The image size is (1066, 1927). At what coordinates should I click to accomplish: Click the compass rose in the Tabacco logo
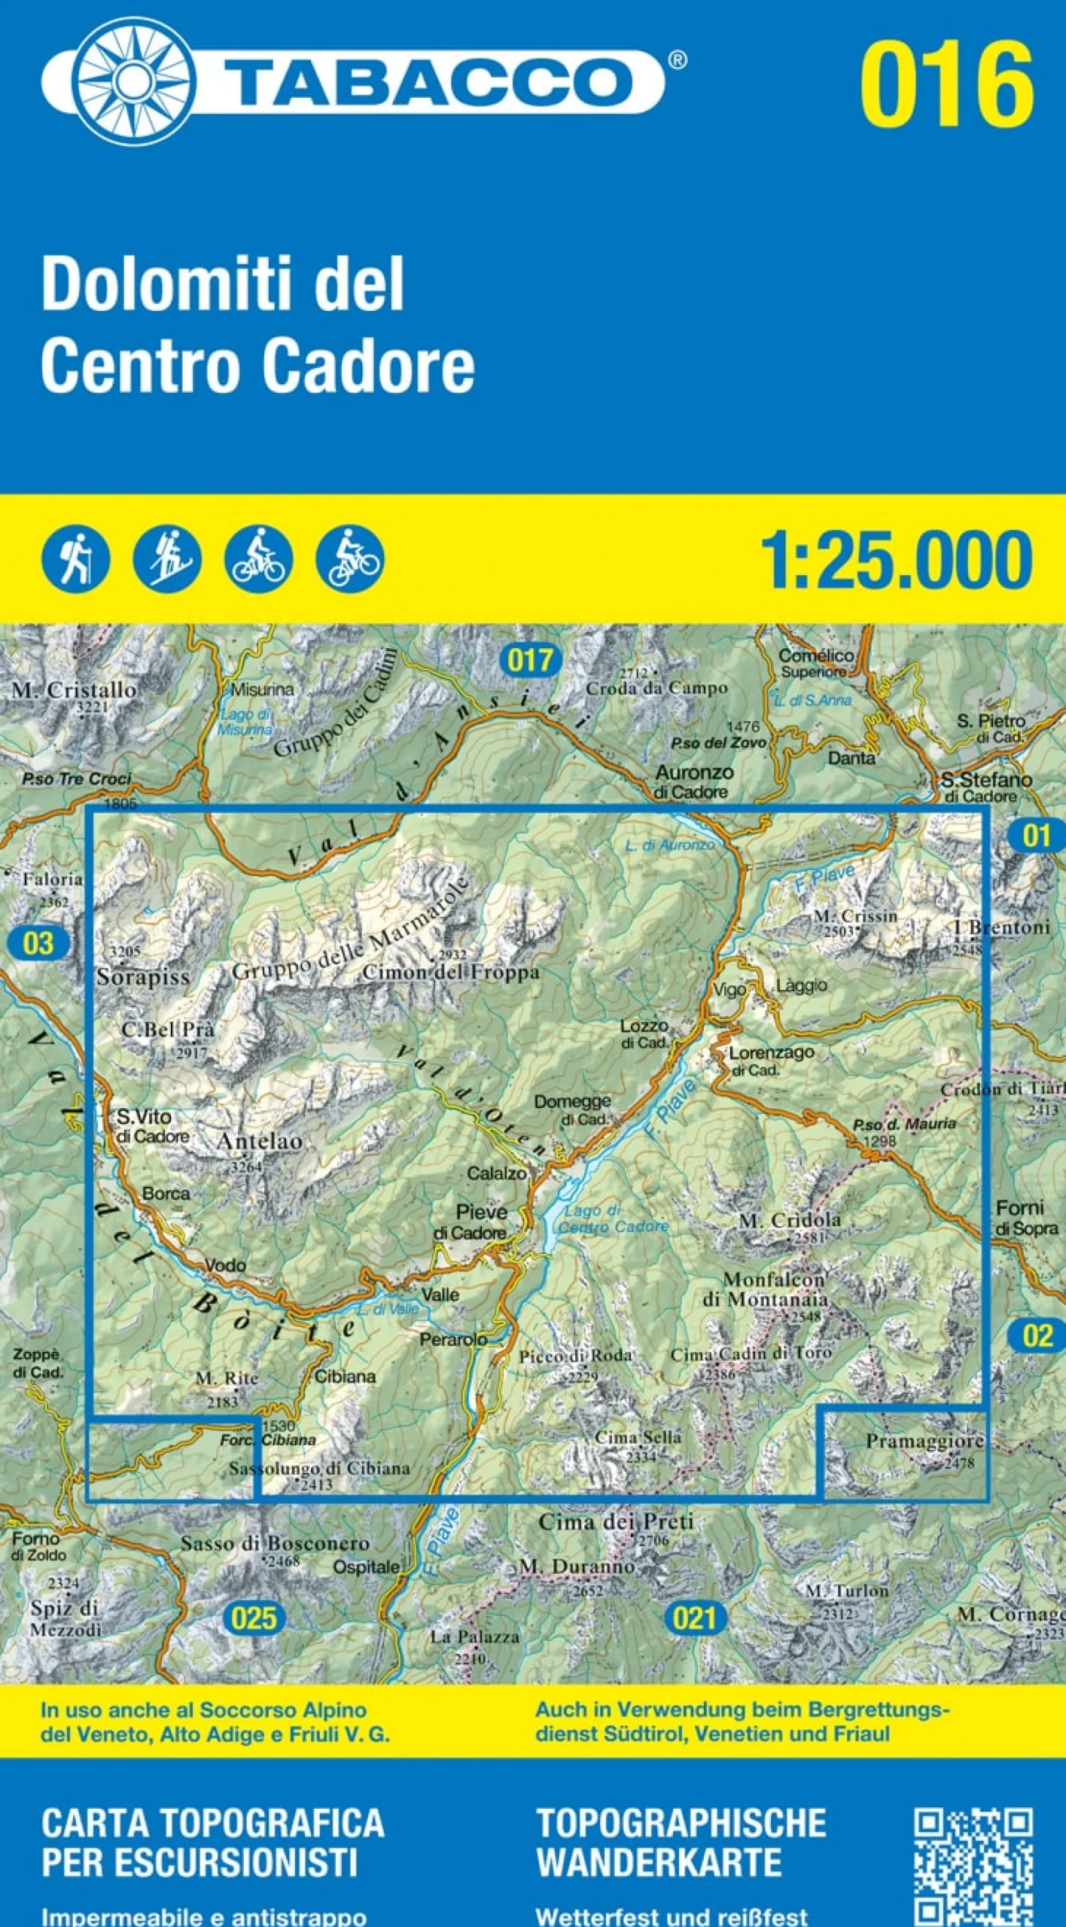(x=133, y=81)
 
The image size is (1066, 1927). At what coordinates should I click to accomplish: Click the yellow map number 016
(x=946, y=84)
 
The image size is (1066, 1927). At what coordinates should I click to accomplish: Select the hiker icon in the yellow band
(x=75, y=559)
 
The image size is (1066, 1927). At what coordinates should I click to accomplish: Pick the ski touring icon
(x=166, y=559)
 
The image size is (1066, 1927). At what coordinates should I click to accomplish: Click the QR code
(x=973, y=1868)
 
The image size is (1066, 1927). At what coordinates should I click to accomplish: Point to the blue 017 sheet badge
(x=531, y=660)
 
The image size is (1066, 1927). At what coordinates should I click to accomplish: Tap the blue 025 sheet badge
(x=254, y=1618)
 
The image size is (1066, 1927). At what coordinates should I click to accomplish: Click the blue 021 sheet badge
(x=694, y=1618)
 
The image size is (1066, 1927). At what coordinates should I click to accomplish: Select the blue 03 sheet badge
(x=38, y=943)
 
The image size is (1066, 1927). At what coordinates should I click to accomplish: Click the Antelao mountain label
(x=259, y=1141)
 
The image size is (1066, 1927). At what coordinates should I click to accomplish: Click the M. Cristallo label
(x=74, y=690)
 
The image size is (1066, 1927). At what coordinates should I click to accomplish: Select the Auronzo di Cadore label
(x=693, y=781)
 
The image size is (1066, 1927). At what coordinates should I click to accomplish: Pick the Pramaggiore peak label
(x=924, y=1441)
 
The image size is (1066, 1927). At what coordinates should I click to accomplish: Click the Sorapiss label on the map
(x=143, y=977)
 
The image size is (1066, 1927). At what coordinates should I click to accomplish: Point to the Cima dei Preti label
(x=616, y=1521)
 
